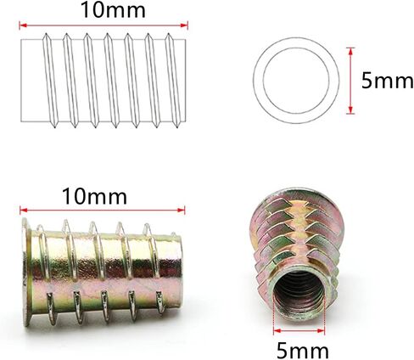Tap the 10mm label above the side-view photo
click(x=94, y=196)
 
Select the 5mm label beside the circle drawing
click(x=387, y=81)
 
